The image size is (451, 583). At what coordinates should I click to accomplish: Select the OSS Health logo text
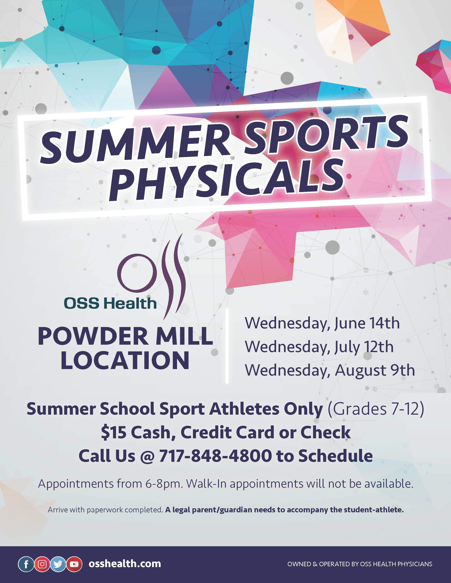click(110, 303)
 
